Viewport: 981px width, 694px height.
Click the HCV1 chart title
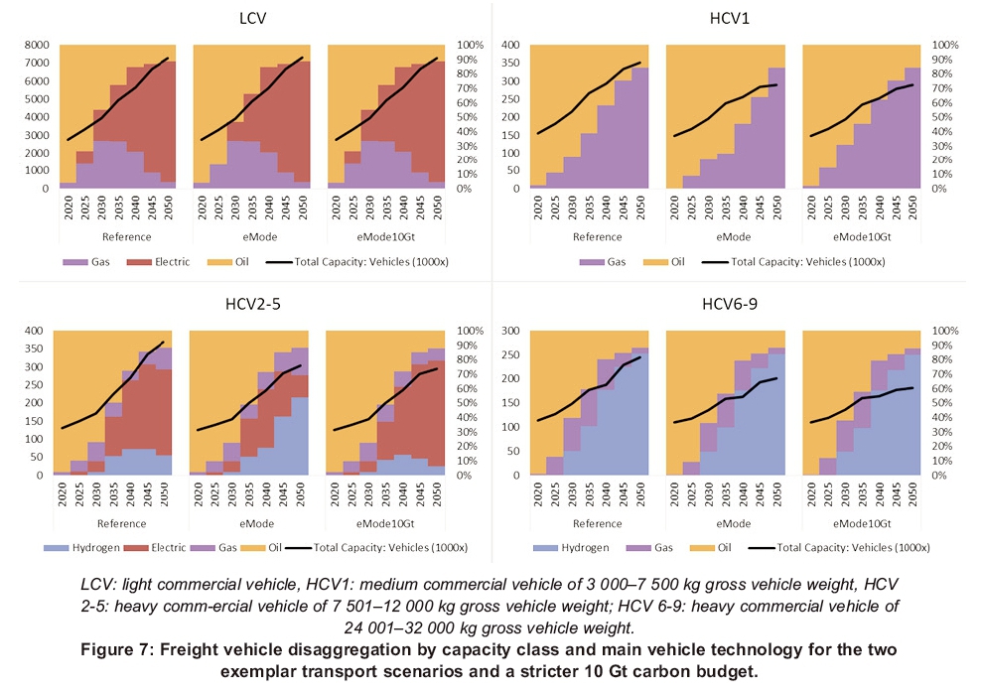click(x=727, y=20)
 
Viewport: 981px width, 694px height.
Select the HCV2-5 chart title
click(x=250, y=304)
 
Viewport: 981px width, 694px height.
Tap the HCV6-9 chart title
click(x=727, y=304)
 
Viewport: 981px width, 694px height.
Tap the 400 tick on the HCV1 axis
click(x=511, y=45)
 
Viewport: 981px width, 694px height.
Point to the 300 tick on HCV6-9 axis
click(x=511, y=330)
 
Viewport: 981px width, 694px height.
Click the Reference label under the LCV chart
click(x=125, y=236)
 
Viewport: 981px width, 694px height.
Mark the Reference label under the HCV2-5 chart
click(x=125, y=521)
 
